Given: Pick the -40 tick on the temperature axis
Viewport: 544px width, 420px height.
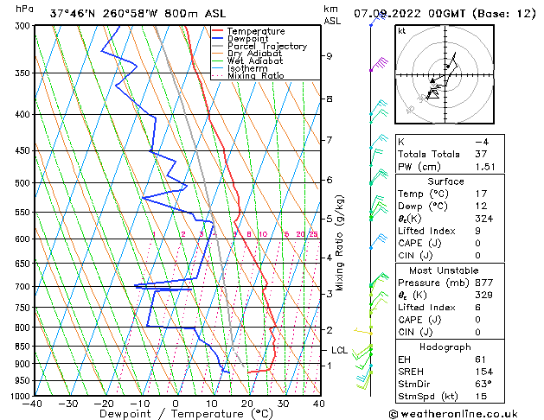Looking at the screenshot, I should [x=34, y=403].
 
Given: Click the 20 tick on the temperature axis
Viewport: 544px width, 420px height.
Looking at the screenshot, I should [x=247, y=403].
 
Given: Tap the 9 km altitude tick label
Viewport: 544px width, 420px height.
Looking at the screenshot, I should [x=329, y=56].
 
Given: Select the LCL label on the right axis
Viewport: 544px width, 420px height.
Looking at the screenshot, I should [x=339, y=350].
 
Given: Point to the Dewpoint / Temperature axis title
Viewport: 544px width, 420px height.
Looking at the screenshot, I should [x=176, y=414].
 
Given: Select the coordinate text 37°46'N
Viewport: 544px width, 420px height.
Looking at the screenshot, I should [x=74, y=13].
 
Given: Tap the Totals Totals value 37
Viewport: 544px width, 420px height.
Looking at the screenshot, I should [x=482, y=154].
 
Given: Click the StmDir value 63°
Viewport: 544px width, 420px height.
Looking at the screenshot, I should [x=483, y=384].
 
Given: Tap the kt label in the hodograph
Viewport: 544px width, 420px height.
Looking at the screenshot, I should [x=402, y=30].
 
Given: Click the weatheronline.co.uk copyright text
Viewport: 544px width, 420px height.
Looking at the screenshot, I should [x=465, y=413].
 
